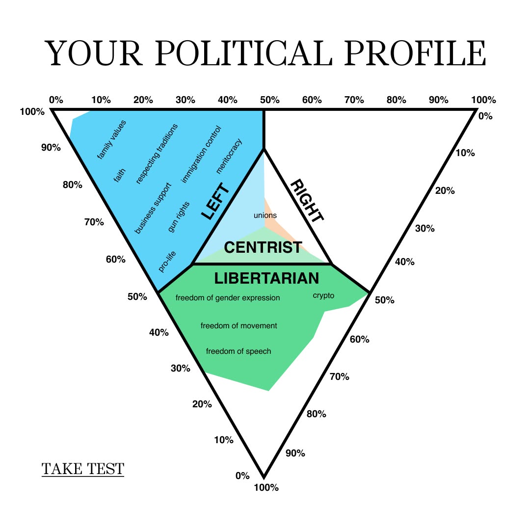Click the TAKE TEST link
click(x=83, y=469)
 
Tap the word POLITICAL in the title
click(x=244, y=53)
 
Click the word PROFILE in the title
click(x=416, y=53)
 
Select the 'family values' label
click(x=111, y=139)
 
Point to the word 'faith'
click(x=119, y=175)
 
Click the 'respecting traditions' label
click(x=157, y=154)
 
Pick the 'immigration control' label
click(x=201, y=155)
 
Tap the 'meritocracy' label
click(x=229, y=156)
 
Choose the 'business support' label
click(x=153, y=208)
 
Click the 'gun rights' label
click(x=179, y=217)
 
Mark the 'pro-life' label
click(x=167, y=262)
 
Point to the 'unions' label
click(x=265, y=215)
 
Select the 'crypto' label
click(x=323, y=296)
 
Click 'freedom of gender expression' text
click(x=228, y=298)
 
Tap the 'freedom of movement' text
click(x=238, y=325)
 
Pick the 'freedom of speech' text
click(x=238, y=351)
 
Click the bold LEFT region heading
click(x=215, y=201)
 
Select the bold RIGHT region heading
click(x=307, y=201)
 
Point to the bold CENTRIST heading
click(x=263, y=247)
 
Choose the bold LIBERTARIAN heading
click(x=266, y=278)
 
